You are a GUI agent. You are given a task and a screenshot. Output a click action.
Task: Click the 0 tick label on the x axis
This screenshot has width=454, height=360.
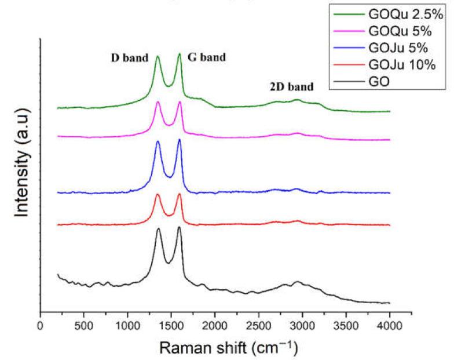tap(40, 327)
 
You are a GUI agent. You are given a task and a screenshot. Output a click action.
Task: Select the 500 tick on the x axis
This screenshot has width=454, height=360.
tap(84, 327)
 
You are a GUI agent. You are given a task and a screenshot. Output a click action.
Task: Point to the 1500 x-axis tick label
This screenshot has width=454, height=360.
tap(171, 327)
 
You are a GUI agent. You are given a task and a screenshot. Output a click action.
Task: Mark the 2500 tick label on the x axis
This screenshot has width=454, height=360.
tap(259, 327)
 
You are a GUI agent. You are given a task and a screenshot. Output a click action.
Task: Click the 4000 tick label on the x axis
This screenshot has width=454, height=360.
tap(390, 327)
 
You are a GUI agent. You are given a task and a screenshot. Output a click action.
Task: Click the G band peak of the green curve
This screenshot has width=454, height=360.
tap(180, 54)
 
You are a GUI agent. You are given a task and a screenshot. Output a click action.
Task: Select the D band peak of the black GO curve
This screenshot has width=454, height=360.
tap(158, 229)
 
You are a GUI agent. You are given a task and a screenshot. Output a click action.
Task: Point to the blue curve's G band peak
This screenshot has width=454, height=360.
tap(180, 140)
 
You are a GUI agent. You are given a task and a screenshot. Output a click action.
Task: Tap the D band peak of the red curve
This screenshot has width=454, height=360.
tap(158, 194)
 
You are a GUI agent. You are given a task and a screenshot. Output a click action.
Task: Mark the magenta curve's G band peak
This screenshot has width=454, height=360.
tap(180, 102)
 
